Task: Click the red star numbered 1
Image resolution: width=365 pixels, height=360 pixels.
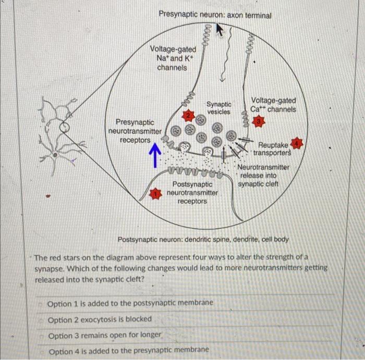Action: point(154,194)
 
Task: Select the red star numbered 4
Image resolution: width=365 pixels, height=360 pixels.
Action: point(298,142)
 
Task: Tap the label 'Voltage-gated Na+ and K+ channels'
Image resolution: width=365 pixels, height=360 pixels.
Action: point(173,58)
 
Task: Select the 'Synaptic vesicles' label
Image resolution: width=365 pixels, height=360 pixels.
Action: point(219,108)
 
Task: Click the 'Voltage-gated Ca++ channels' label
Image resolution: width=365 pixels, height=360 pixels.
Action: point(273,105)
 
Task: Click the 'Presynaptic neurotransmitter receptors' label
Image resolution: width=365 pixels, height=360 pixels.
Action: point(135,131)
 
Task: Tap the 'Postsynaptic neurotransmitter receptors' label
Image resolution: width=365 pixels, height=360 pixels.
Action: point(192,193)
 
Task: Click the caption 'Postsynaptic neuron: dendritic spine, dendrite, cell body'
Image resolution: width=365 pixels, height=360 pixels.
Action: point(203,240)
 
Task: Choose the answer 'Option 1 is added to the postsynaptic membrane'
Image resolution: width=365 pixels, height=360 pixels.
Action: point(130,303)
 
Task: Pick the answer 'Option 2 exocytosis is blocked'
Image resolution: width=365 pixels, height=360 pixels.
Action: point(100,319)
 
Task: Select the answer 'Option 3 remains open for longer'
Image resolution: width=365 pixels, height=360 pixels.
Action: point(105,335)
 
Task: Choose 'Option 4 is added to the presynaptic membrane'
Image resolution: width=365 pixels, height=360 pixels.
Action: point(128,350)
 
